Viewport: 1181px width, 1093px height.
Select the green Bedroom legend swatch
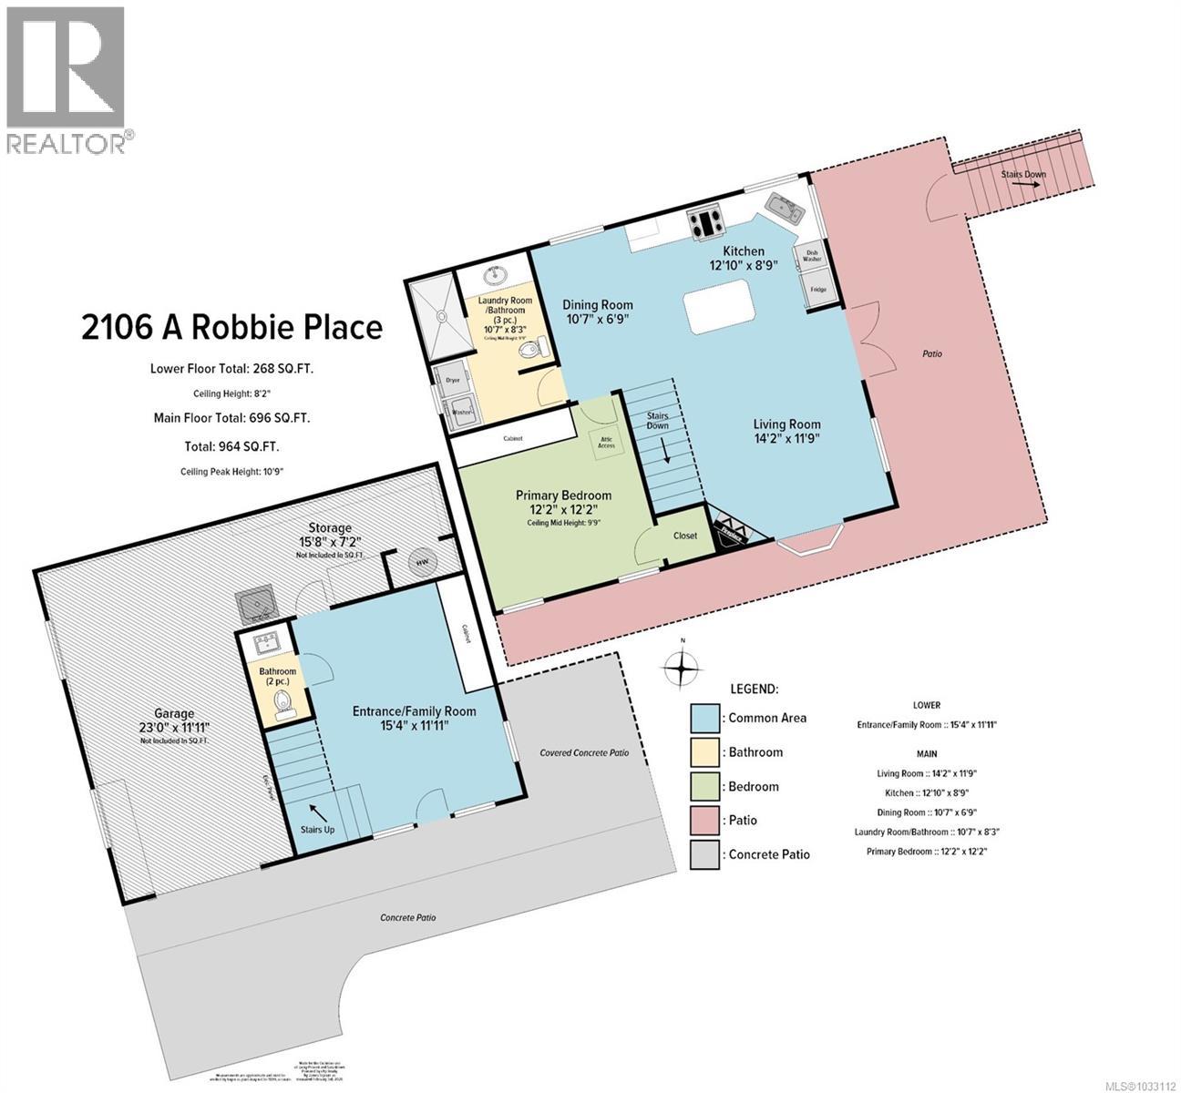pyautogui.click(x=705, y=786)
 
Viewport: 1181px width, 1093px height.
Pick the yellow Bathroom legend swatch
pyautogui.click(x=705, y=752)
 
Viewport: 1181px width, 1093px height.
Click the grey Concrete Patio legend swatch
pyautogui.click(x=705, y=854)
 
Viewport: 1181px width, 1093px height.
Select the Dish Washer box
pyautogui.click(x=811, y=256)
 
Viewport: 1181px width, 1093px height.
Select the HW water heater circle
pyautogui.click(x=422, y=563)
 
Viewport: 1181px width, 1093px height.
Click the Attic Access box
pyautogui.click(x=606, y=442)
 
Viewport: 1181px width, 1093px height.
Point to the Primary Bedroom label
pyautogui.click(x=563, y=495)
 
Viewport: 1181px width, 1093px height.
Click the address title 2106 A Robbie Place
pyautogui.click(x=231, y=327)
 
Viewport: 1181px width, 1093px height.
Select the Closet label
pyautogui.click(x=685, y=536)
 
